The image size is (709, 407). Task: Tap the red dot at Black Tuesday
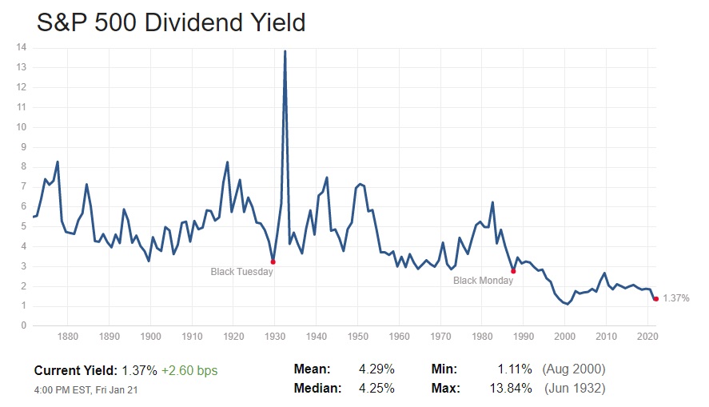(x=273, y=261)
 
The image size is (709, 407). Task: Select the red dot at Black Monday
(x=513, y=271)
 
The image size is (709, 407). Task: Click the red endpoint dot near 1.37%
(x=655, y=298)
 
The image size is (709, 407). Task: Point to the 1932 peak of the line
(x=285, y=51)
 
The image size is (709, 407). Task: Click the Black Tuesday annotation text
(x=241, y=272)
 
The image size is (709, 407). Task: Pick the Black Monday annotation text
(x=484, y=281)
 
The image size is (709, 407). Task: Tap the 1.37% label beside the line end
(x=676, y=298)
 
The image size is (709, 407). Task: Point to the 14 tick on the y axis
(x=21, y=47)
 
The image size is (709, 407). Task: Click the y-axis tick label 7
(x=24, y=186)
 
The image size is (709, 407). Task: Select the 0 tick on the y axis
(x=24, y=325)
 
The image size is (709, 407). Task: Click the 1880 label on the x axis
(x=68, y=337)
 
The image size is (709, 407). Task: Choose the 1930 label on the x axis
(x=275, y=337)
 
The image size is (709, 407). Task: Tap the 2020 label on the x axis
(x=647, y=337)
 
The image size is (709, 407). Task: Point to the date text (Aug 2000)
(x=573, y=369)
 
